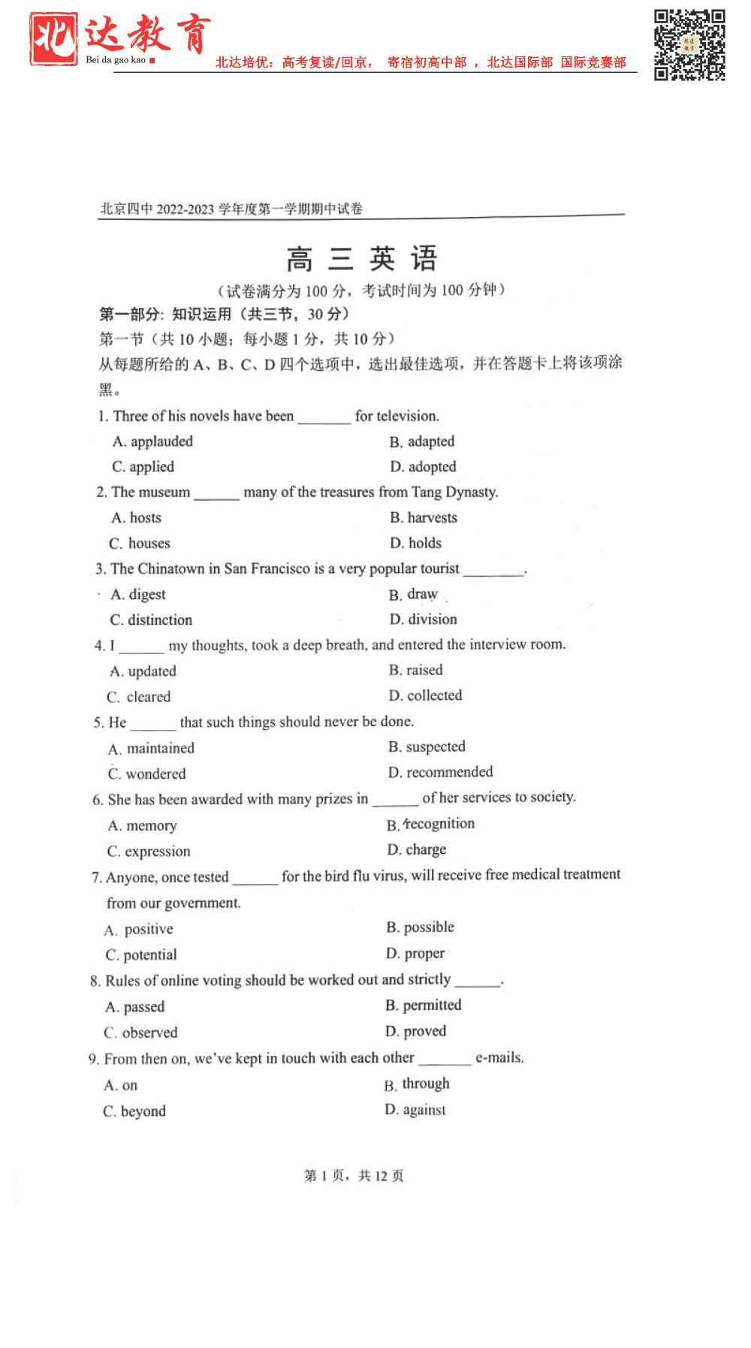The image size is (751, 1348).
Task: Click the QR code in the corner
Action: point(689,44)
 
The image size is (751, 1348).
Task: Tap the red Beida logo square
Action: point(53,38)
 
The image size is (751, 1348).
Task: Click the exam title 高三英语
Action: point(361,259)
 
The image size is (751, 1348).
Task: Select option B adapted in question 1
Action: point(422,442)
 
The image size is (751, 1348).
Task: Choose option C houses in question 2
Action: point(140,543)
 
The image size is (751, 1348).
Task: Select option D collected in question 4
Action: point(425,695)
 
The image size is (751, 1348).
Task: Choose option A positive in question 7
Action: point(139,929)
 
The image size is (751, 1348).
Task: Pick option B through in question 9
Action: point(417,1084)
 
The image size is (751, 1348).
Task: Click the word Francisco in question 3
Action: point(280,568)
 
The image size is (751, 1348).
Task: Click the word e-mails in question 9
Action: point(499,1057)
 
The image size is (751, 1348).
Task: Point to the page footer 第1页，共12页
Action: point(354,1175)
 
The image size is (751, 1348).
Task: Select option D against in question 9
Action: point(415,1110)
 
